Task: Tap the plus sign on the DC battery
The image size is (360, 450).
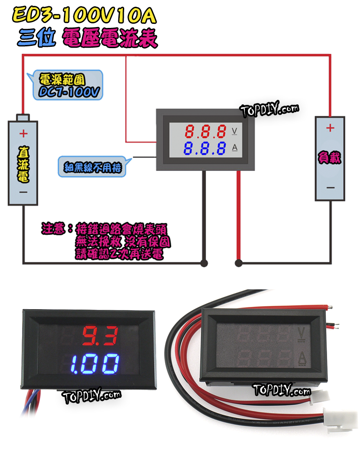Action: [x=23, y=134]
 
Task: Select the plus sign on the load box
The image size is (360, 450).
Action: [x=330, y=128]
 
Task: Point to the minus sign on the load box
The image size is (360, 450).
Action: [x=330, y=187]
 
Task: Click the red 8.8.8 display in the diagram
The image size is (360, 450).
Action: [x=205, y=131]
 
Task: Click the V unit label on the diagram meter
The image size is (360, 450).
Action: [x=234, y=131]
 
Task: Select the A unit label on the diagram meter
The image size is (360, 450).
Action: [x=234, y=147]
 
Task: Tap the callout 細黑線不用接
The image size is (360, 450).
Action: [x=92, y=166]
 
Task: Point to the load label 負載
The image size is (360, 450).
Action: [x=329, y=158]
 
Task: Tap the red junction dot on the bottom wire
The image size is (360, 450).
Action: [x=238, y=262]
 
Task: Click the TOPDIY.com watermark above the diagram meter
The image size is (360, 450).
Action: [x=269, y=109]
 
